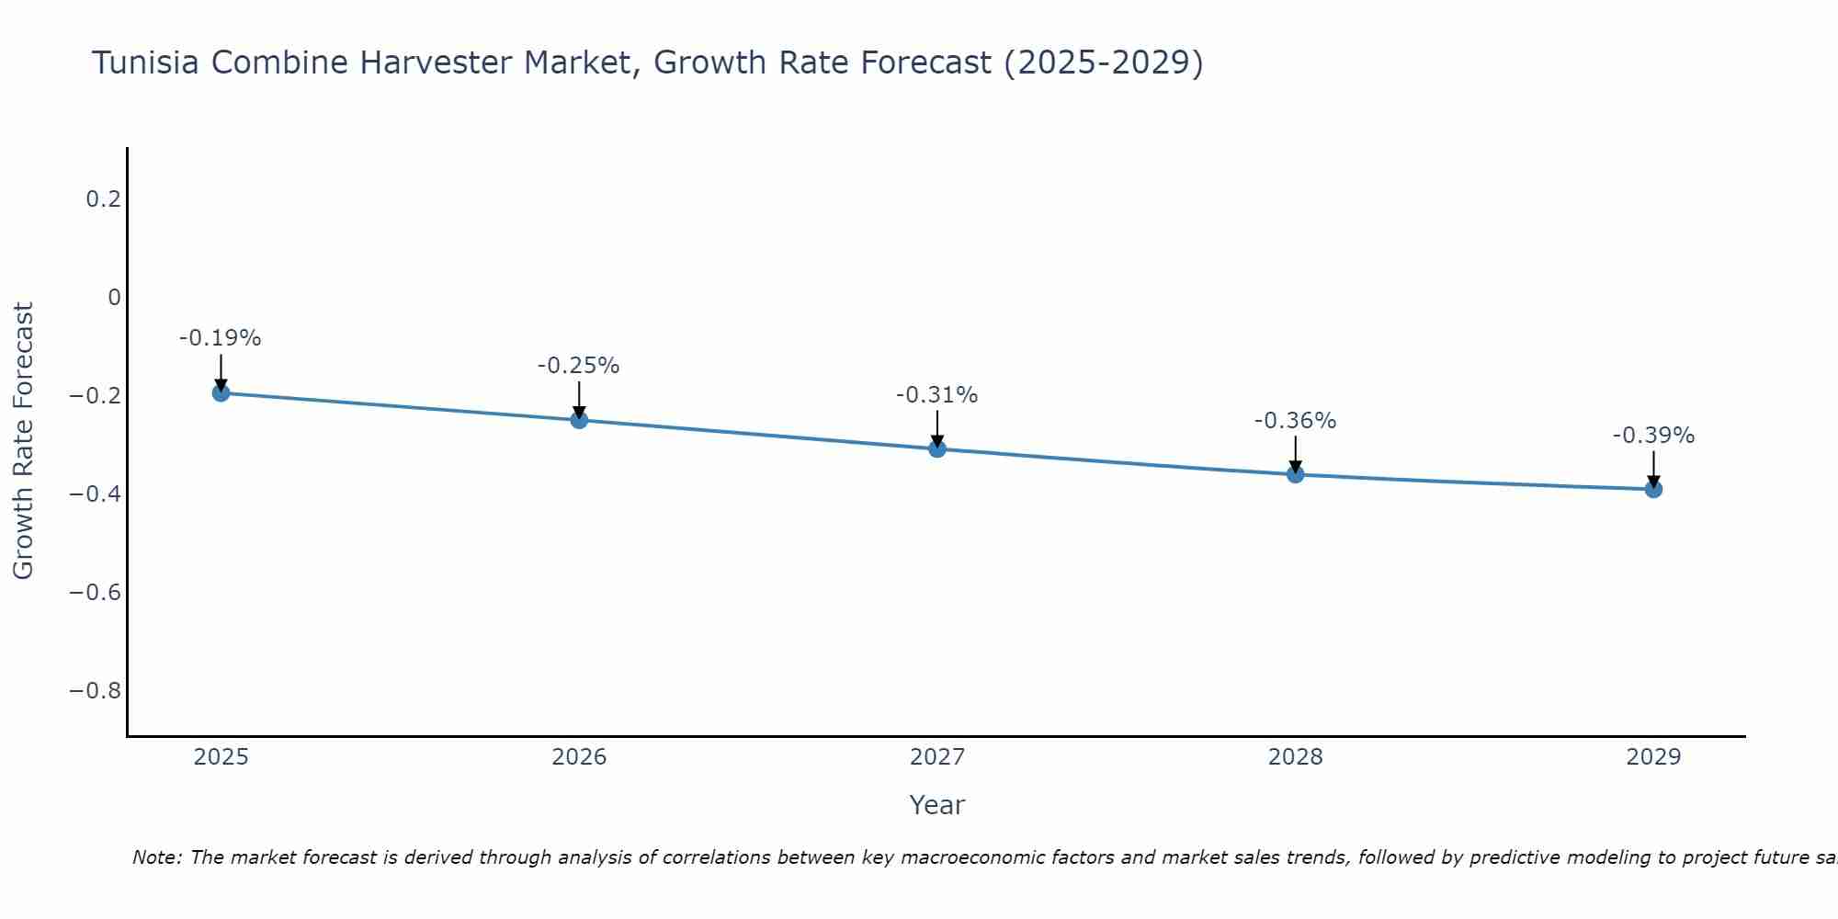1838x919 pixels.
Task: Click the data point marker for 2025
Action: tap(221, 392)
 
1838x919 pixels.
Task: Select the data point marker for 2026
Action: tap(579, 420)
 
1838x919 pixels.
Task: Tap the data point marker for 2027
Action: tap(937, 448)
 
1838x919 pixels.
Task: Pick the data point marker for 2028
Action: tap(1295, 474)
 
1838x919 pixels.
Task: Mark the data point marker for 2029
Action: tap(1653, 489)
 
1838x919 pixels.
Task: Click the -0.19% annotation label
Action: tap(221, 338)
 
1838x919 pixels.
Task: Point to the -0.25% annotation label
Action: tap(579, 366)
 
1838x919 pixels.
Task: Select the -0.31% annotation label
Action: tap(937, 395)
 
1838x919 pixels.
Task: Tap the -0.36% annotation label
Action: tap(1295, 421)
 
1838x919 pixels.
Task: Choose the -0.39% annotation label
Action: tap(1653, 436)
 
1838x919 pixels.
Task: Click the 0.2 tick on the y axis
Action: tap(104, 199)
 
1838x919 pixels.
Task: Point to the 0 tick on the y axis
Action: tap(115, 297)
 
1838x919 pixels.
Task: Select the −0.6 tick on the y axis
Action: tap(96, 592)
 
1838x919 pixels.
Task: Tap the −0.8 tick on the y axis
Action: tap(96, 690)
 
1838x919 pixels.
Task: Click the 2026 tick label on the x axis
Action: tap(579, 757)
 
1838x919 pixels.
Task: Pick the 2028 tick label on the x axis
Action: tap(1295, 757)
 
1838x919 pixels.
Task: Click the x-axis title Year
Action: tap(937, 805)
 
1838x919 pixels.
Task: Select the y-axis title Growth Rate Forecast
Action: tap(24, 441)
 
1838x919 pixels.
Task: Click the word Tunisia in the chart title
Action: tap(146, 62)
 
